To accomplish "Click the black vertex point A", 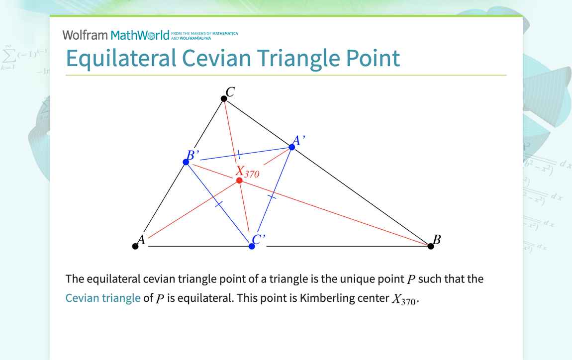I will [x=135, y=246].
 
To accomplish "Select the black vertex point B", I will [x=431, y=246].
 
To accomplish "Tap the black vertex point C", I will [x=224, y=99].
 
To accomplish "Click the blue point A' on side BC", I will [x=292, y=147].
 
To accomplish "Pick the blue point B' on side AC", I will [x=186, y=162].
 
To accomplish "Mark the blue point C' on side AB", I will [x=252, y=246].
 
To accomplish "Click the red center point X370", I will [x=239, y=180].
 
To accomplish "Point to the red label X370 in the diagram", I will [x=247, y=172].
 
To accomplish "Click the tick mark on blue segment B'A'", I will [x=238, y=155].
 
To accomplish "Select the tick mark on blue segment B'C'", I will [x=218, y=204].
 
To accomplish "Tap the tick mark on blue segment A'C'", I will [x=272, y=197].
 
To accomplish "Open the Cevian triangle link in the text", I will [x=103, y=298].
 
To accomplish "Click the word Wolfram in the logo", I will [x=85, y=35].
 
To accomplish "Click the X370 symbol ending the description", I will [x=402, y=300].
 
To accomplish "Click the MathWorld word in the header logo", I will [x=140, y=35].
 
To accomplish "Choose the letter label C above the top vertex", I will [x=230, y=91].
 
